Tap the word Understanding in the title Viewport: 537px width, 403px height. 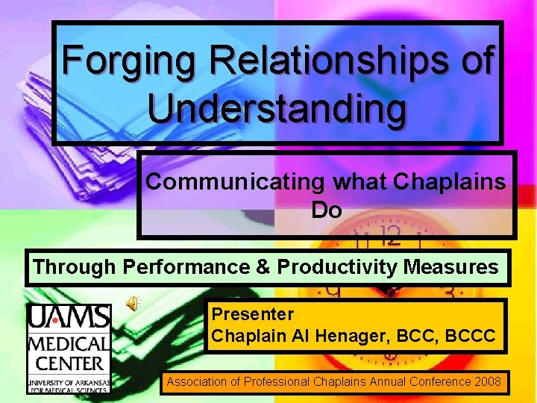[277, 107]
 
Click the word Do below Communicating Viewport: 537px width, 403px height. [326, 210]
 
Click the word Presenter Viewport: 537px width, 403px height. [252, 314]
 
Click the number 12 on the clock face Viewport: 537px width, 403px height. [389, 237]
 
